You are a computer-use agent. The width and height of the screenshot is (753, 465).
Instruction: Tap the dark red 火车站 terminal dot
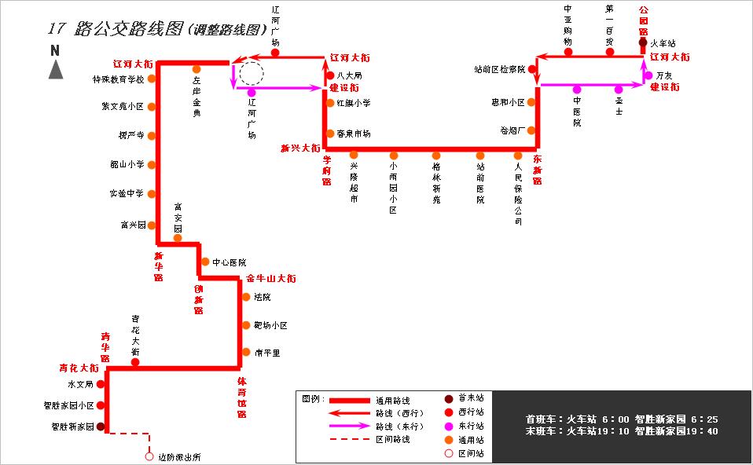point(644,43)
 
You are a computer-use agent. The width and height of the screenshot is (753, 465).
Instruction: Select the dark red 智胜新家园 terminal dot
point(101,427)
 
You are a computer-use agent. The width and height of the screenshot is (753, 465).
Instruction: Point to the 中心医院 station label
point(229,262)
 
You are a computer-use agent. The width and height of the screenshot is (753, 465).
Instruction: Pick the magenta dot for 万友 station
point(648,75)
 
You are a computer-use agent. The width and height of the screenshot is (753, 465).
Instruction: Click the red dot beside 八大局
point(330,75)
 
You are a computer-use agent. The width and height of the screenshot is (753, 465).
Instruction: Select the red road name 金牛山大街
point(271,279)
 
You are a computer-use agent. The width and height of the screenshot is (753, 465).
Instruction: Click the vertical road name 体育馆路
point(242,397)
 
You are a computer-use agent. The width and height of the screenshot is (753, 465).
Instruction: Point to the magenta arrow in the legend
point(349,427)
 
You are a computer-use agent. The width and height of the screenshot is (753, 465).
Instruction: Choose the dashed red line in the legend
point(349,439)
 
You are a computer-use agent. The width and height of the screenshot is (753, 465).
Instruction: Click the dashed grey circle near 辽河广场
point(252,74)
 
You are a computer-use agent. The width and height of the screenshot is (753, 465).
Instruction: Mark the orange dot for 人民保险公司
point(518,156)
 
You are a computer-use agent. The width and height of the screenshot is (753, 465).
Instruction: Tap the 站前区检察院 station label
point(500,69)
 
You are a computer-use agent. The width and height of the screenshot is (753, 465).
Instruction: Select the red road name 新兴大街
point(300,148)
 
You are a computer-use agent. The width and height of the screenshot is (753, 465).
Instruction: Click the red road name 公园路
point(644,20)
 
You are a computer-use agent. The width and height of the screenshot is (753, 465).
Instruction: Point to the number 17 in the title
point(55,29)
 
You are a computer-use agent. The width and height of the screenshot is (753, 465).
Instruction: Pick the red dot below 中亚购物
point(568,52)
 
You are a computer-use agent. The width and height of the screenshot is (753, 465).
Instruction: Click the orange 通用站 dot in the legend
point(449,440)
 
